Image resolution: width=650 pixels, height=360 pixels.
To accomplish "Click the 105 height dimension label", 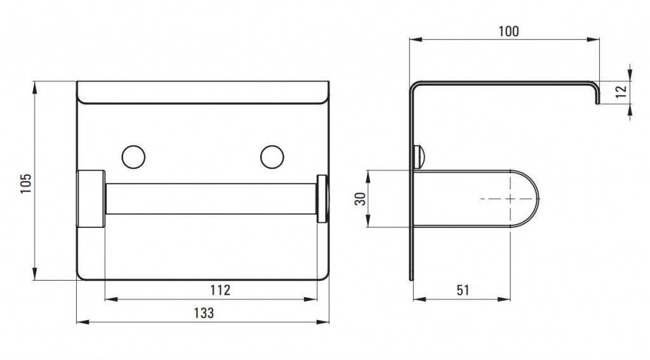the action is tap(25, 183).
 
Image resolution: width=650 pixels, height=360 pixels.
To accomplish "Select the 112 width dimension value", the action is tap(220, 290).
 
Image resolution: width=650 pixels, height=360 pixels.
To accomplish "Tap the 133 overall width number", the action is tap(204, 313).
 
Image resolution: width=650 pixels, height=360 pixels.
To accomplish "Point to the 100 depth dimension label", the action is tap(508, 31).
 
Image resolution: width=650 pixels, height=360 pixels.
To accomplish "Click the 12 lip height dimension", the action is tap(621, 91).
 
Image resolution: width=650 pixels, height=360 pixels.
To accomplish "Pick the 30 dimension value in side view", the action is tap(361, 199).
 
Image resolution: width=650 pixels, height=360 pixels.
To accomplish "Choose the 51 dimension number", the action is tap(463, 290).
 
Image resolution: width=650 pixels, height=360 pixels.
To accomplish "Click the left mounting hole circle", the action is tap(133, 157).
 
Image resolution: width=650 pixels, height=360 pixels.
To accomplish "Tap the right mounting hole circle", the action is tap(272, 157).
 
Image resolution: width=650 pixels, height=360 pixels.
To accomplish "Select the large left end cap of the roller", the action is tap(91, 199).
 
